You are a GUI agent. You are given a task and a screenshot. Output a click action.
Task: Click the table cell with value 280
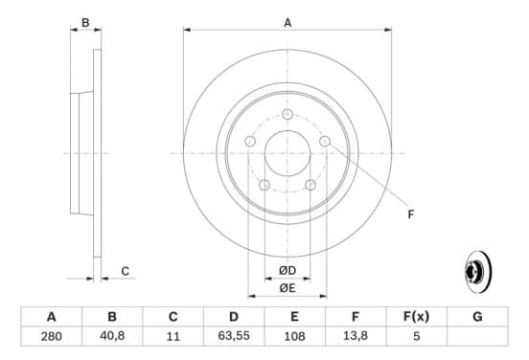[x=52, y=336]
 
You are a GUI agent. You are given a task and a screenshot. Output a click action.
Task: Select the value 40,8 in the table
[x=112, y=336]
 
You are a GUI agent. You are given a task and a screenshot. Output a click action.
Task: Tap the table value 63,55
[x=234, y=336]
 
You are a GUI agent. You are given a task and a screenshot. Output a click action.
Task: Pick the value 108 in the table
[x=294, y=336]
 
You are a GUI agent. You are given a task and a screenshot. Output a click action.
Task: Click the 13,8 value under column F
[x=356, y=336]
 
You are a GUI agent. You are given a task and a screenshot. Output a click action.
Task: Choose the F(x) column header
[x=416, y=317]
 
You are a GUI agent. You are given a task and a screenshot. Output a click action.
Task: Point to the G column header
[x=477, y=317]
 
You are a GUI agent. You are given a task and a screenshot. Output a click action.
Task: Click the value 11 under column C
[x=173, y=336]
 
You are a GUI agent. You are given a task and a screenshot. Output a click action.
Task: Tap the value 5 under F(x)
[x=416, y=336]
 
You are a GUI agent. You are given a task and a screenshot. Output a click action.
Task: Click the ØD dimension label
[x=287, y=270]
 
